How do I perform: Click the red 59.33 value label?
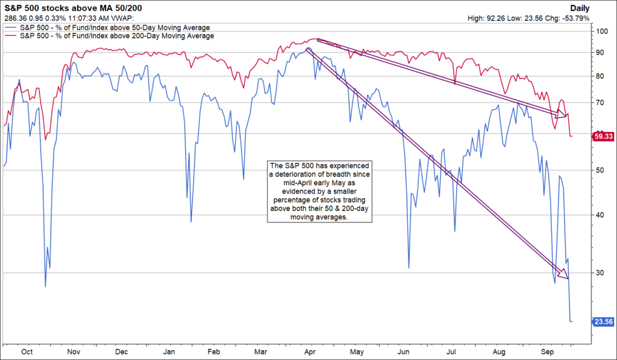603,137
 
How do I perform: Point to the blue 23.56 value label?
603,322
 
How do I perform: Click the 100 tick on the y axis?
601,31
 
